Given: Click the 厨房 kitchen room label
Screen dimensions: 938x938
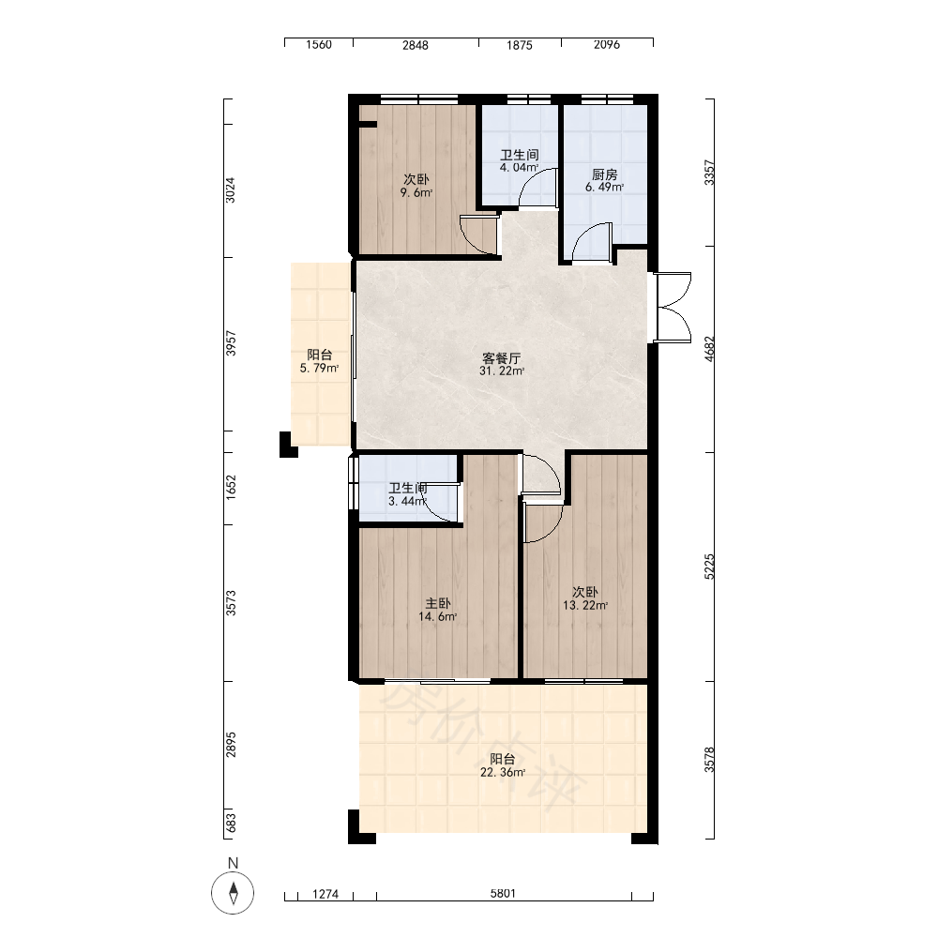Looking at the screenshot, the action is tap(604, 174).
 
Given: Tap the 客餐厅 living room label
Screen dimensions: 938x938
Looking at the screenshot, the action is tap(501, 358).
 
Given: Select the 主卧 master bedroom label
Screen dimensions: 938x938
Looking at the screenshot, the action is tap(438, 603).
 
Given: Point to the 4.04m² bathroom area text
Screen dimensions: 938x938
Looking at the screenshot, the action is tap(520, 168).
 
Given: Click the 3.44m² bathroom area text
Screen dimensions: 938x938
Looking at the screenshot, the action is tap(407, 501).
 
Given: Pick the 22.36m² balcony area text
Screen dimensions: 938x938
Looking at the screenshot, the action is tap(503, 772).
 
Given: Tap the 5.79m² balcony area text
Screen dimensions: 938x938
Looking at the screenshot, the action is tap(320, 369).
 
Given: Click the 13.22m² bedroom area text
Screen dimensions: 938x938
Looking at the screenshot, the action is tap(585, 605).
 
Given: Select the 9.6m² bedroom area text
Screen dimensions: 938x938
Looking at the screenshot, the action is tap(416, 192).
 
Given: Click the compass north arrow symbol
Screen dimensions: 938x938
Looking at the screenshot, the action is tap(233, 893).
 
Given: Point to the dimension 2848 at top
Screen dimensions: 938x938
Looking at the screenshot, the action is tap(416, 45).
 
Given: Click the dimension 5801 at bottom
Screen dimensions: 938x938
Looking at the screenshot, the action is tap(503, 893).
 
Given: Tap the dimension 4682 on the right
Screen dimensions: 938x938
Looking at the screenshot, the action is tap(709, 349).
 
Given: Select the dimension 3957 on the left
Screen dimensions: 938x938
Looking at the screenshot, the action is tap(231, 343).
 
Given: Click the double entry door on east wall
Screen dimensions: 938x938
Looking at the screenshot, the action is tap(673, 308).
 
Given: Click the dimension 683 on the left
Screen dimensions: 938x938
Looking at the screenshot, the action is tap(231, 823).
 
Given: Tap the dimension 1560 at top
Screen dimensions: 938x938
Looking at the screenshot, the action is tap(319, 45).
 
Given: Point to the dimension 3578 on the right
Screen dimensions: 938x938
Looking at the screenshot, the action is tap(709, 760).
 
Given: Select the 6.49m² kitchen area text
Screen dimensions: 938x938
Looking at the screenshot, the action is tap(604, 188).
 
